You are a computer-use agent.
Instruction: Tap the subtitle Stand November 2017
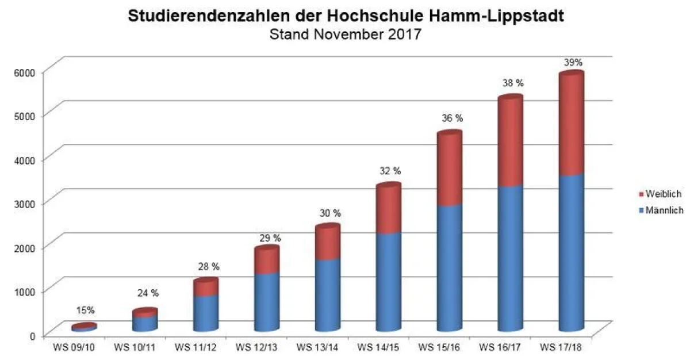click(346, 35)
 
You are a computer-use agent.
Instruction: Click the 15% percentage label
click(85, 311)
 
